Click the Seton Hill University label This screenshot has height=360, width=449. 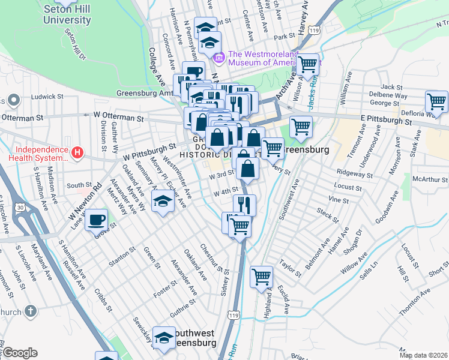click(67, 14)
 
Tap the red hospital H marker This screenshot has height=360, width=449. click(77, 153)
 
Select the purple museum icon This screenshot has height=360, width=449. click(218, 58)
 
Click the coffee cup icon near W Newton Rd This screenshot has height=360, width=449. click(96, 220)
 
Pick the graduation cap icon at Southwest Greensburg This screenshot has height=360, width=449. click(164, 338)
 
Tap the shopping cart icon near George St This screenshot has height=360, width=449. click(436, 102)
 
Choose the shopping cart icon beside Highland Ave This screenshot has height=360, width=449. click(262, 277)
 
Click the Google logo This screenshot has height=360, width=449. click(20, 353)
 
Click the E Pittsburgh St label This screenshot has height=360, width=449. click(385, 121)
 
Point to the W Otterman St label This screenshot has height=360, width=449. click(118, 114)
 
